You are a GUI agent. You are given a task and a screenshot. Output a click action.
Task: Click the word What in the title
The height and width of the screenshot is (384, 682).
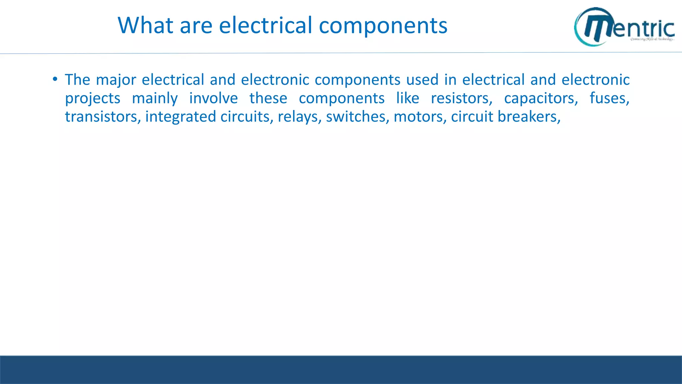[x=145, y=25]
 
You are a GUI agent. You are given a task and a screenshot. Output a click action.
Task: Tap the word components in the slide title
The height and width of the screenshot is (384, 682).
[x=383, y=26]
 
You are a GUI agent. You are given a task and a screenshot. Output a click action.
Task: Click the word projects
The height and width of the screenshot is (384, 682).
[x=93, y=99]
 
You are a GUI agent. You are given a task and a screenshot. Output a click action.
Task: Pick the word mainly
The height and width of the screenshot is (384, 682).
[x=155, y=99]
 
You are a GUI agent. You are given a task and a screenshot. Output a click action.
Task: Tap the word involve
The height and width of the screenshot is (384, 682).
[x=213, y=98]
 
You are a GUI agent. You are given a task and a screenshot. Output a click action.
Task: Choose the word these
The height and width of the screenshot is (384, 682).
[x=268, y=98]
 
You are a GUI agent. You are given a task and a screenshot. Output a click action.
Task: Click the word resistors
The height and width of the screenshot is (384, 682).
[x=462, y=98]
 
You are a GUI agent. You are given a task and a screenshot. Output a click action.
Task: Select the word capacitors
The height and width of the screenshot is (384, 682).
[x=541, y=99]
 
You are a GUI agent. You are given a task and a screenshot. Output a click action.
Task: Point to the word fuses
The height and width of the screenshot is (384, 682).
[x=609, y=98]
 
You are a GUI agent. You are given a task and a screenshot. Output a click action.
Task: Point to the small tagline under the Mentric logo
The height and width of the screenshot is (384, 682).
[x=652, y=39]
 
